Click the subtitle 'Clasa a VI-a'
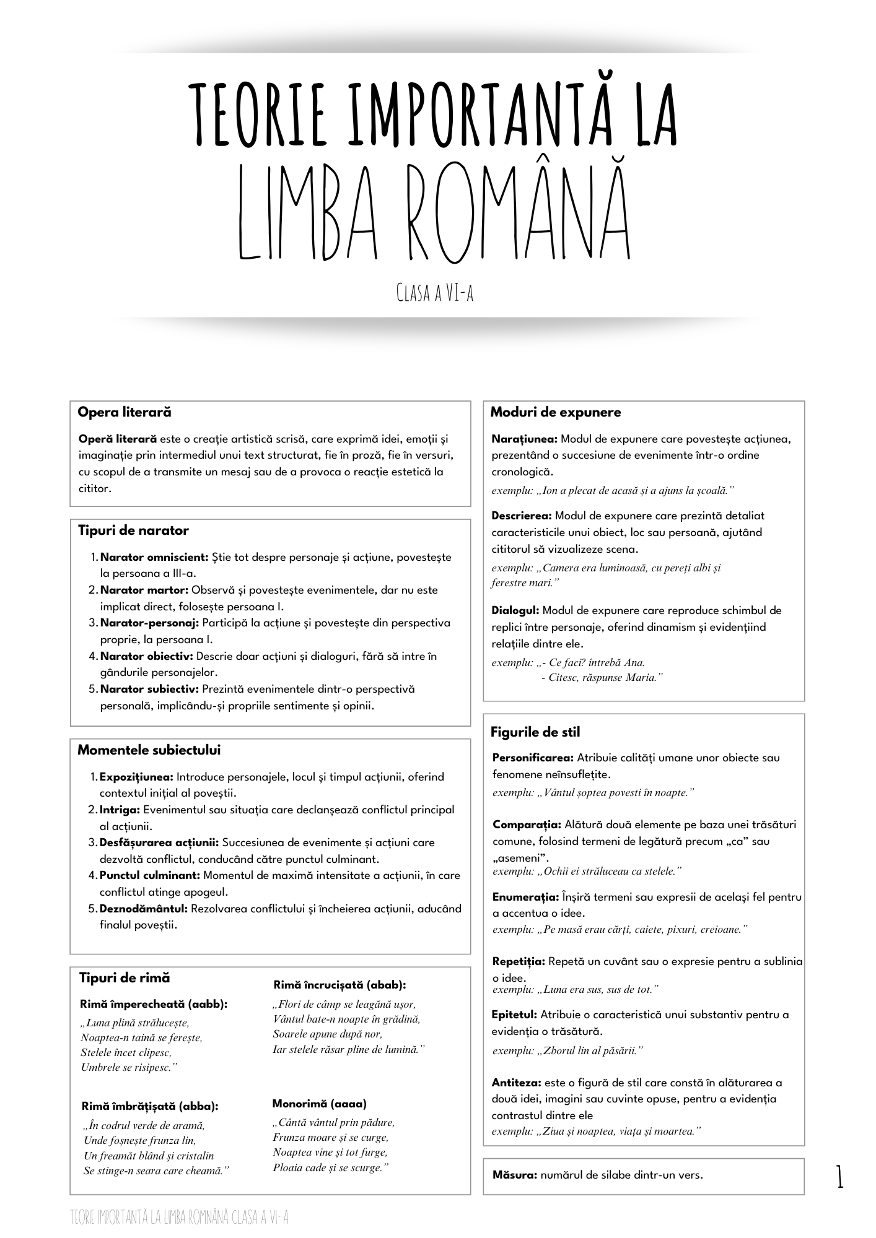point(435,293)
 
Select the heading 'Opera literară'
point(125,412)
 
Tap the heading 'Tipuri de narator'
point(133,530)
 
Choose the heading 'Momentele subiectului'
point(149,750)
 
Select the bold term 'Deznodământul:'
point(143,909)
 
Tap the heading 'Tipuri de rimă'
point(125,978)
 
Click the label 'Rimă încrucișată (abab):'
point(339,985)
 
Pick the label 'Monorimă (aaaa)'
point(319,1104)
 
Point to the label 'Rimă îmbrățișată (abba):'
point(150,1106)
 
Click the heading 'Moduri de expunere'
point(555,412)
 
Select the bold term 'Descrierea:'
point(522,516)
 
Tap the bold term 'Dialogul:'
point(515,610)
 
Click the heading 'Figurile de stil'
point(535,732)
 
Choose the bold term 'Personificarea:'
point(533,758)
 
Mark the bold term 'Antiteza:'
point(517,1083)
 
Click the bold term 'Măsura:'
point(515,1175)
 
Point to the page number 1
point(839,1176)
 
